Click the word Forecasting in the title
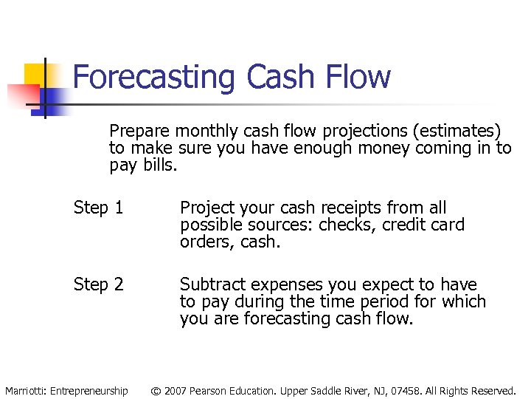(x=156, y=77)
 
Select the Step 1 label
(x=98, y=208)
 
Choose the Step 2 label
(x=98, y=284)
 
